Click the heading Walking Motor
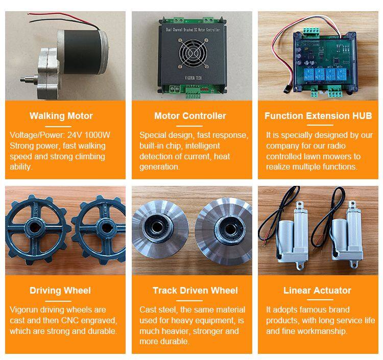click(x=61, y=116)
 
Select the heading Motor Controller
click(x=190, y=116)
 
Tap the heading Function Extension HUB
click(x=318, y=116)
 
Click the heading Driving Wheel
click(x=60, y=291)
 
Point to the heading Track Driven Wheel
click(x=195, y=291)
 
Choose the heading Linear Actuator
click(x=317, y=291)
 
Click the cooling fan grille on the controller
click(x=193, y=53)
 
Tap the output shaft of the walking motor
click(x=29, y=79)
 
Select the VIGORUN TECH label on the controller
click(x=193, y=78)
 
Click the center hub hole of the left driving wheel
click(x=35, y=228)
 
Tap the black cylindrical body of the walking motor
click(x=82, y=52)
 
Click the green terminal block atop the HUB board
click(x=311, y=31)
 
